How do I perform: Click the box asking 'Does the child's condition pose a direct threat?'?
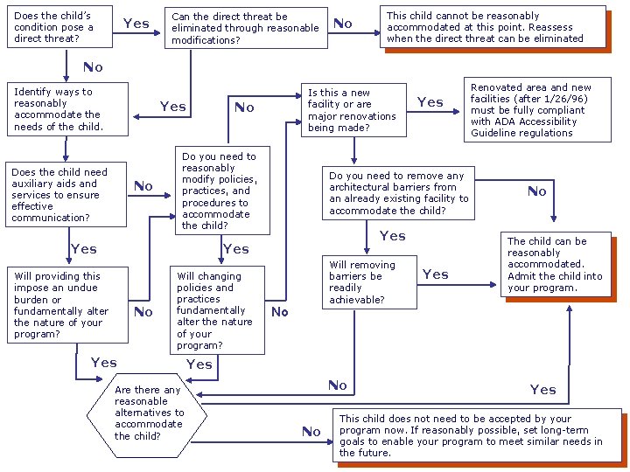(x=52, y=27)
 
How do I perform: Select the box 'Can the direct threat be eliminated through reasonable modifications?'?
(x=246, y=28)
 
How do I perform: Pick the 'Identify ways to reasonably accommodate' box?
(x=66, y=109)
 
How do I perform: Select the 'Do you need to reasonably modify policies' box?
(x=221, y=191)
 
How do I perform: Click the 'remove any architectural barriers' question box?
(x=398, y=193)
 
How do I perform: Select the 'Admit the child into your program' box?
(x=556, y=264)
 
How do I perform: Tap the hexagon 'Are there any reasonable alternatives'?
(x=147, y=413)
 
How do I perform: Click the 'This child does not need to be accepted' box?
(x=477, y=435)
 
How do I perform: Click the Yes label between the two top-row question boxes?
(x=136, y=24)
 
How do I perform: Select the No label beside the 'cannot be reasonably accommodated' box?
(x=343, y=24)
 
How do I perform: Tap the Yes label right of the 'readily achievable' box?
(x=435, y=274)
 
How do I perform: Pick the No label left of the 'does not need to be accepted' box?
(x=311, y=431)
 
